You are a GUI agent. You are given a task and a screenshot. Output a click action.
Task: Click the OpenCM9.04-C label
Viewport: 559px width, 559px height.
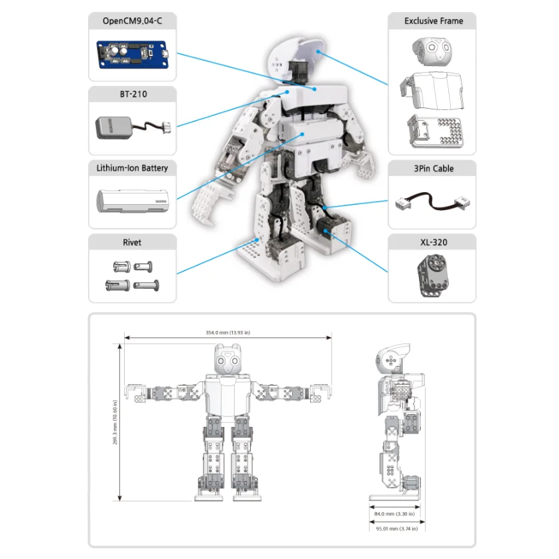pos(132,21)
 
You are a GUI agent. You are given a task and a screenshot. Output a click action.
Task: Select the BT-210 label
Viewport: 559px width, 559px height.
pos(132,95)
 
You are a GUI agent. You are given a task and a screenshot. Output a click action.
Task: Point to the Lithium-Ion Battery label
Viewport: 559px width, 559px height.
pos(132,168)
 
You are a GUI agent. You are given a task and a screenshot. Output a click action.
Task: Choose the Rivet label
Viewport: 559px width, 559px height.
pos(132,242)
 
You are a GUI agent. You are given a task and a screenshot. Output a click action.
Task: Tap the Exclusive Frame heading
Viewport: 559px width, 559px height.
pos(432,21)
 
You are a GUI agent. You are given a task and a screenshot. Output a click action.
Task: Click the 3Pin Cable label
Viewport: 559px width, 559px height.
pos(432,169)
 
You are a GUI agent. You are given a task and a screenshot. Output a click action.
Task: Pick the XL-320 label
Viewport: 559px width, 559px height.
pos(432,242)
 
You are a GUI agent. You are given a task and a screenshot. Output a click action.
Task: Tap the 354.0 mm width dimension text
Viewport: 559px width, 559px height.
pos(227,333)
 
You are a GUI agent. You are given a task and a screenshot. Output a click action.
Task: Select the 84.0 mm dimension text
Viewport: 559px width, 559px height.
pos(394,514)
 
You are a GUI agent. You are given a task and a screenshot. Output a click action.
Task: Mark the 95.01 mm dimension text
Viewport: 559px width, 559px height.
pos(394,528)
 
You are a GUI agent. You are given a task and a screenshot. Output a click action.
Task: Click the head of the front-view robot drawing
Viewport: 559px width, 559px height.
pos(227,361)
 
